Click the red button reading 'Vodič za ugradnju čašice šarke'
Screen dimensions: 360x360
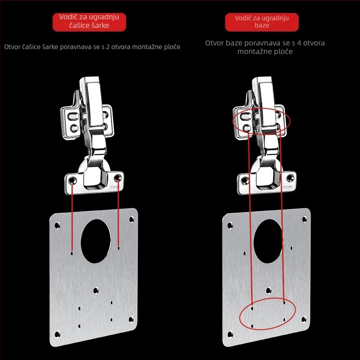tap(89, 22)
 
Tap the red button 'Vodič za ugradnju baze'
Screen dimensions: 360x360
tap(262, 22)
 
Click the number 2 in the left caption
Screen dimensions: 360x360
tap(108, 47)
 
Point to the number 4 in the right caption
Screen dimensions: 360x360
tap(299, 43)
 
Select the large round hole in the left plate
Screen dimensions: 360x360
tap(96, 241)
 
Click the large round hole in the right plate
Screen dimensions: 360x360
tap(268, 241)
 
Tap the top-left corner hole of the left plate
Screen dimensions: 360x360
tap(57, 225)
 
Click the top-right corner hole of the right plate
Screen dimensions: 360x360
tap(304, 220)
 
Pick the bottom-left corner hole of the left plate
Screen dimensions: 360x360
tap(58, 334)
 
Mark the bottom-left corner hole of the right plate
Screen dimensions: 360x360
tap(230, 334)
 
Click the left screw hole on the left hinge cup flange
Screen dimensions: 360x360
tap(72, 180)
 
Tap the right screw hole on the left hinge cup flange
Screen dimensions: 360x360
tap(117, 177)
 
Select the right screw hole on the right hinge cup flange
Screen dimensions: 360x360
tap(290, 177)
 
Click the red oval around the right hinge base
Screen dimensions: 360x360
tap(233, 121)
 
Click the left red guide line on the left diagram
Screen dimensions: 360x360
tap(72, 217)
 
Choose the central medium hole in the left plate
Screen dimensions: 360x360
tap(96, 291)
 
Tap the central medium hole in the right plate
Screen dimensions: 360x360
tap(269, 291)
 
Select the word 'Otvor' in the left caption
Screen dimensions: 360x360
tap(13, 47)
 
